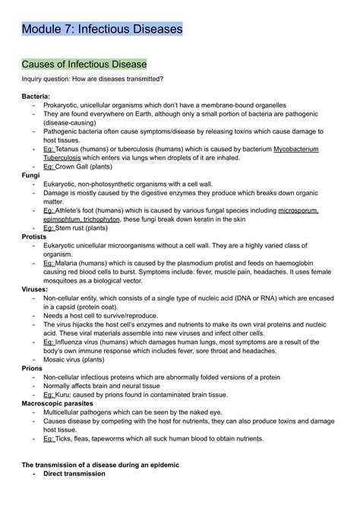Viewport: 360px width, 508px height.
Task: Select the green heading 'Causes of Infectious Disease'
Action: pos(84,64)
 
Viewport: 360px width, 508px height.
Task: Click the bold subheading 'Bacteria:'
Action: pos(36,97)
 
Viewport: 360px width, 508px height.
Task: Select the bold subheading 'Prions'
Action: pos(32,367)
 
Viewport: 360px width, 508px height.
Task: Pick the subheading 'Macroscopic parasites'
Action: pos(58,403)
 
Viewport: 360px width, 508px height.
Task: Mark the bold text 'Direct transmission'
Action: pos(74,473)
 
